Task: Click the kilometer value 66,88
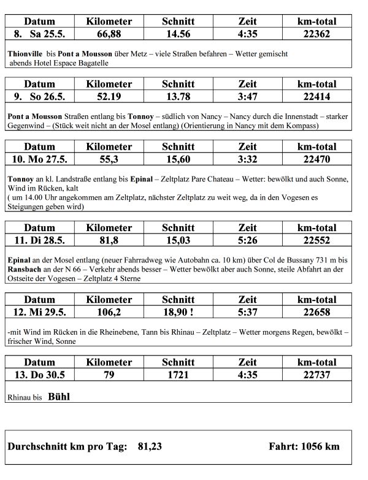pos(109,33)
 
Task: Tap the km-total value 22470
pos(316,158)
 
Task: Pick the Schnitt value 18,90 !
pos(179,311)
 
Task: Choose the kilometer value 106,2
pos(109,311)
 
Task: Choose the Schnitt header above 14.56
pos(178,21)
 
